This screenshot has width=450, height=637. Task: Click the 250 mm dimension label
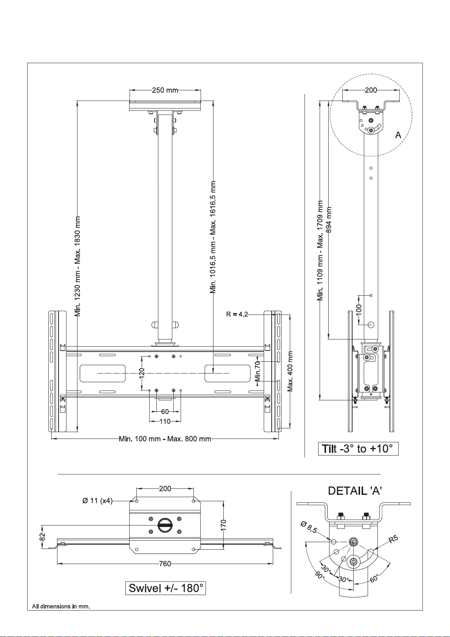click(x=165, y=90)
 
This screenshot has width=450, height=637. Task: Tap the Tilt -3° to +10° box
click(x=358, y=449)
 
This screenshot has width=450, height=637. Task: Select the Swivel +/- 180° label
click(x=165, y=588)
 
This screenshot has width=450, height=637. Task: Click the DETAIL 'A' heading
click(x=355, y=491)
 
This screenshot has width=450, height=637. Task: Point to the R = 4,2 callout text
click(x=237, y=314)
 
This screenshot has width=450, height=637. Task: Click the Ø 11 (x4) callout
click(x=97, y=501)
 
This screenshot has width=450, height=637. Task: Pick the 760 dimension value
click(x=165, y=563)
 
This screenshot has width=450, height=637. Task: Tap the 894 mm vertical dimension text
click(x=329, y=220)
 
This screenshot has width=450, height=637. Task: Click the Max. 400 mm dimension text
click(x=290, y=371)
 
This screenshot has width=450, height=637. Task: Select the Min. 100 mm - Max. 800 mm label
click(x=165, y=439)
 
